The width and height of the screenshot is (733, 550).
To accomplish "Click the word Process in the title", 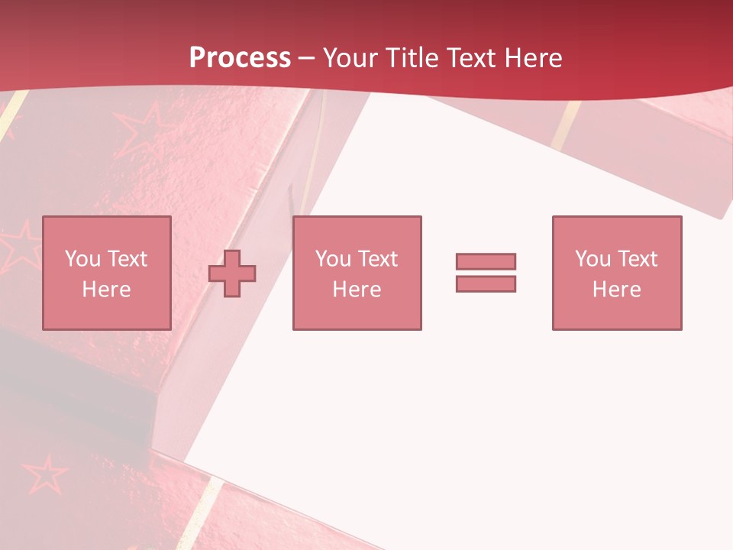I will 240,58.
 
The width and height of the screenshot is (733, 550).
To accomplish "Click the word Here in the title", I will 534,58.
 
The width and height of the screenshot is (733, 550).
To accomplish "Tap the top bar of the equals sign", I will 486,261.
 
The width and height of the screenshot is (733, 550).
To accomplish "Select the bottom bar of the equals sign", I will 486,283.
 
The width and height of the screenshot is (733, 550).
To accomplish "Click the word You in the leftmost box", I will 82,259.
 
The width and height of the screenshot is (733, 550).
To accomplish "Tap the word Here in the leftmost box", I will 106,290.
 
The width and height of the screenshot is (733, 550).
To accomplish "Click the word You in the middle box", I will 333,259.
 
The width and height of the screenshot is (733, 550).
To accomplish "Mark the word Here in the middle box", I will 357,290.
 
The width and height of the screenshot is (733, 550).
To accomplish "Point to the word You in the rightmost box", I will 593,259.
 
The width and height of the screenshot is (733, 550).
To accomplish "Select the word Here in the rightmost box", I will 616,290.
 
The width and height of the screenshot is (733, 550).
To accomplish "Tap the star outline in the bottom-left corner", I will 44,474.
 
